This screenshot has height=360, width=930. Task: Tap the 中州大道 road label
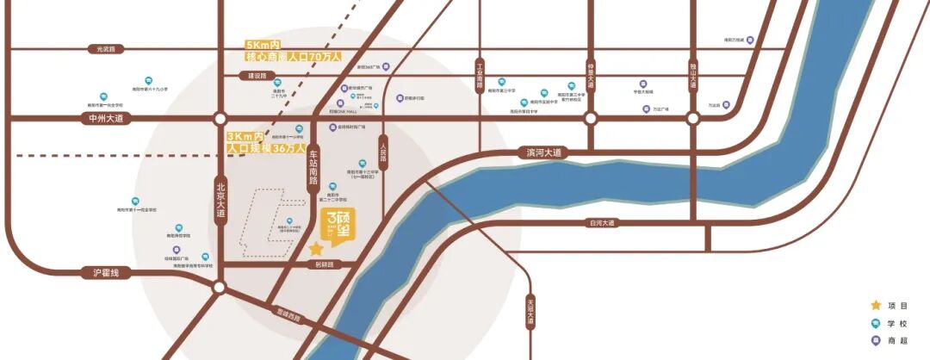(108, 118)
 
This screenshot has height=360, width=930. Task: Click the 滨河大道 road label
(543, 152)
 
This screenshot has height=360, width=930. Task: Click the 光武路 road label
(111, 49)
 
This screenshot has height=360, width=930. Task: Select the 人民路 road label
(382, 154)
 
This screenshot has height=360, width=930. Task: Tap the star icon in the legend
(876, 305)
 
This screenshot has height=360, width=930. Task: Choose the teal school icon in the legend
(876, 323)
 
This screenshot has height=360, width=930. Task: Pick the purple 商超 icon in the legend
(876, 341)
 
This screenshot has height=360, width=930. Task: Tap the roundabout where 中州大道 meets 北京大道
(220, 118)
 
